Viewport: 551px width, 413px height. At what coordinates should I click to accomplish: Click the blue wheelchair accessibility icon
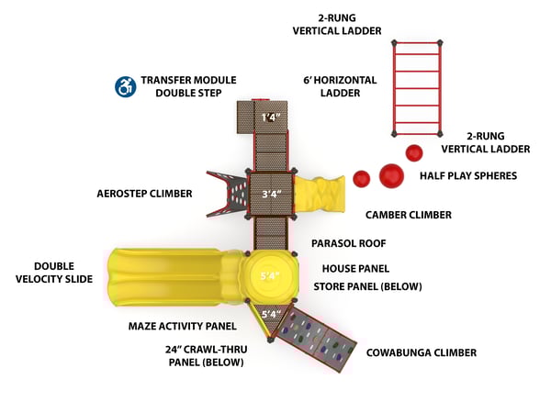click(124, 86)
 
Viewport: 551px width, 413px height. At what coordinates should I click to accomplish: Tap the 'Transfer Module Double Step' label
click(182, 86)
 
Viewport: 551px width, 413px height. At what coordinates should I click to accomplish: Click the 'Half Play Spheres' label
click(467, 175)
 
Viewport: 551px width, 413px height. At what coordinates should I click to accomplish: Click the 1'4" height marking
click(269, 117)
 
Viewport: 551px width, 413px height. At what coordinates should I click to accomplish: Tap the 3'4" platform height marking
click(270, 194)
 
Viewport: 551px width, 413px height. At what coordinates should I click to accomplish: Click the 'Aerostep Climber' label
click(144, 194)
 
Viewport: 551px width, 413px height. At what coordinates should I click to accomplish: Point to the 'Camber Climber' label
click(408, 215)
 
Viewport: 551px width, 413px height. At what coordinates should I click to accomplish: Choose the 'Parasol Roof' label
click(348, 244)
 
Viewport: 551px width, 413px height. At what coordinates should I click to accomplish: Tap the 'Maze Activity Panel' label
click(182, 325)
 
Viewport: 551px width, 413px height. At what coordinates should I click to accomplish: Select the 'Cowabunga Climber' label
click(421, 352)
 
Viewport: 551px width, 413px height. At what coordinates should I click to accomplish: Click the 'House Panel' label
click(355, 269)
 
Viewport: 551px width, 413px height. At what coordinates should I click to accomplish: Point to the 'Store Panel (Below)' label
click(367, 286)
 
